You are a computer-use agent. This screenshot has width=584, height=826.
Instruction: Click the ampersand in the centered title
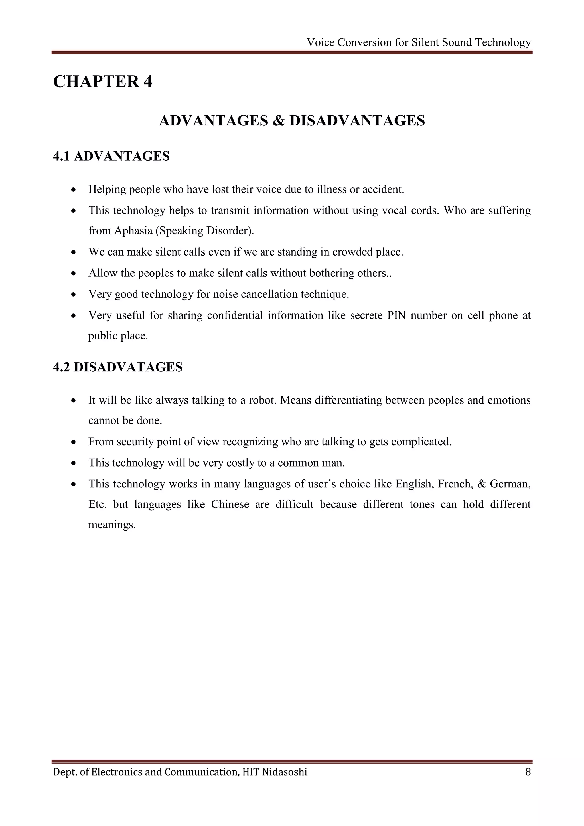pos(278,121)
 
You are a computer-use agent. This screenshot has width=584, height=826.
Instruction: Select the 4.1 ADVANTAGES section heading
pos(111,156)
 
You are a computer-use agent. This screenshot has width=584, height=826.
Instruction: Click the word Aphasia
pos(133,231)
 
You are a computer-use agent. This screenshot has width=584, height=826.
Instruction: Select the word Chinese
pos(230,504)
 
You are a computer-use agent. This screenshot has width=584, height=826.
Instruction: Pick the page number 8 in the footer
pos(528,772)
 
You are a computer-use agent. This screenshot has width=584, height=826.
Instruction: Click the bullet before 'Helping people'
pos(74,190)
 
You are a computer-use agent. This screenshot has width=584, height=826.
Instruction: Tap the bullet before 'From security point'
pos(74,442)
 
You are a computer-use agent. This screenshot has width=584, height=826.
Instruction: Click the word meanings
pos(111,525)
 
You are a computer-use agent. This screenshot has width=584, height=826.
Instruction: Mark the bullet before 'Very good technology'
pos(74,295)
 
